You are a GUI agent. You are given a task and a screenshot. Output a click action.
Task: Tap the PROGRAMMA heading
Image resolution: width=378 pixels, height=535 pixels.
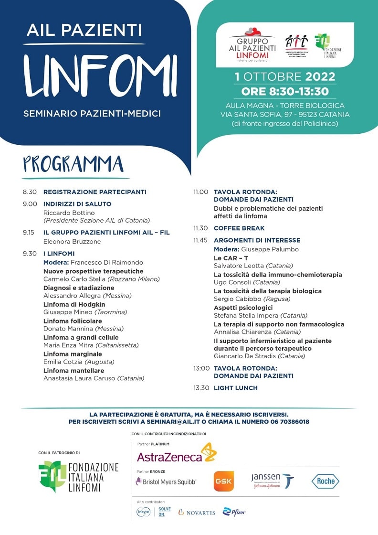(x=73, y=164)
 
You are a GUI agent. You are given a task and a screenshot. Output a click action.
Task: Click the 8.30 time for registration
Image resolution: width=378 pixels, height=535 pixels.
(x=30, y=192)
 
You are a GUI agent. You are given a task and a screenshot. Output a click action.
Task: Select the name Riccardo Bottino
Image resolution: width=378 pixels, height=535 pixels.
(x=69, y=213)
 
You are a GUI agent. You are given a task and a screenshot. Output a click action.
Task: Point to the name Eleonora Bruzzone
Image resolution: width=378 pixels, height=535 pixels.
(x=72, y=242)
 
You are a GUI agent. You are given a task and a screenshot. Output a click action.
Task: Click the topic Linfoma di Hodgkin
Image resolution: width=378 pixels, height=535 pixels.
(x=74, y=305)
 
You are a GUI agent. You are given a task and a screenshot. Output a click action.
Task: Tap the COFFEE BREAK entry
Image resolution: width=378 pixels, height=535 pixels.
(x=239, y=228)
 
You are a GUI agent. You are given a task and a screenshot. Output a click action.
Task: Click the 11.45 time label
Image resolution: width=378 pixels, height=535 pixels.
(x=201, y=240)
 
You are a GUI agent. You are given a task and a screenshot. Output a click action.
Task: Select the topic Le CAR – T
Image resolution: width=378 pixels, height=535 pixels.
(x=231, y=258)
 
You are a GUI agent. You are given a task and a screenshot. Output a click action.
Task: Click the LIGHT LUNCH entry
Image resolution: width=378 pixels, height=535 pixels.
(x=236, y=388)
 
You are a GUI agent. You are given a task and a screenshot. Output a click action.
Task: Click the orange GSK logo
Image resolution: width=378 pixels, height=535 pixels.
(x=223, y=481)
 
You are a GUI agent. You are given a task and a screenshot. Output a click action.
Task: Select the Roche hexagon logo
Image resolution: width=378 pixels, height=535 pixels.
(x=325, y=481)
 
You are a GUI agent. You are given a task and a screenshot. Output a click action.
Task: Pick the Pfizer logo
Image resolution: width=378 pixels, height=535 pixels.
(x=234, y=512)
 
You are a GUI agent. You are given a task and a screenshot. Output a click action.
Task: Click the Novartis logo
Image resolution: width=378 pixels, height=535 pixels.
(x=197, y=513)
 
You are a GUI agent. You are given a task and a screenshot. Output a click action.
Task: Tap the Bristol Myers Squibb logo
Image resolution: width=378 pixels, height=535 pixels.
(x=166, y=482)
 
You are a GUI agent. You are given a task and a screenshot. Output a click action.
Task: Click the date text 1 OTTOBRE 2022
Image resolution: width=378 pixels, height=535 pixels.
(x=285, y=77)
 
